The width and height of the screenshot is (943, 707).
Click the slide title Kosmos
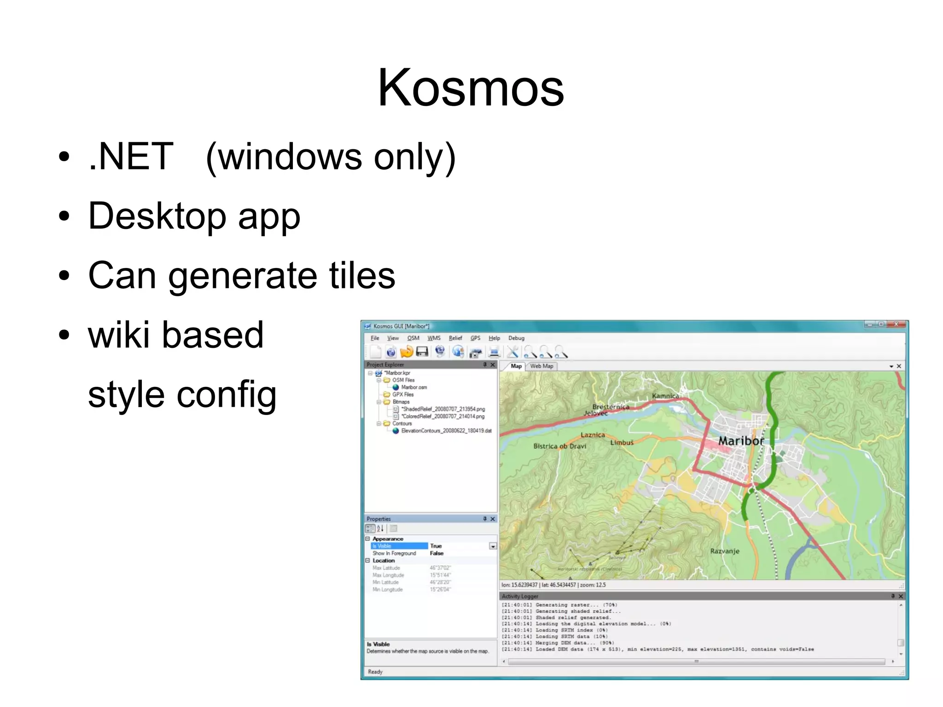[x=471, y=88]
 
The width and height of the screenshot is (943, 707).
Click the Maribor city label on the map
[x=740, y=441]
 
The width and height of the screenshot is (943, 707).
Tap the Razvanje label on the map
[x=724, y=551]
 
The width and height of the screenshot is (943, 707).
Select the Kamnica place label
[x=665, y=396]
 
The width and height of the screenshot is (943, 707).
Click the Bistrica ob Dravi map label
[x=559, y=446]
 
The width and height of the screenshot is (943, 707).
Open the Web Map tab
[x=541, y=366]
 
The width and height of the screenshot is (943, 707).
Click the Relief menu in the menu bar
[x=455, y=338]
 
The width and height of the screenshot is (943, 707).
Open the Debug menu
[x=516, y=338]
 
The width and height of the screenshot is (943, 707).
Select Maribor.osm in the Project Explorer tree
[x=413, y=387]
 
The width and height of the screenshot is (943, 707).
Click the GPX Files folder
[x=402, y=395]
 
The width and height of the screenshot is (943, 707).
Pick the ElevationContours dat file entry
[x=446, y=431]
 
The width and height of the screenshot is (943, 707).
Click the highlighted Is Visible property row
[x=399, y=546]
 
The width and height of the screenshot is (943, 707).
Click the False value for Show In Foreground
[x=437, y=553]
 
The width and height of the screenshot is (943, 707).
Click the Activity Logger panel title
[x=520, y=596]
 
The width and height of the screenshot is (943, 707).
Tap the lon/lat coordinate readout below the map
[x=553, y=585]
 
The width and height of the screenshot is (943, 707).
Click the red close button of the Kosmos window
[x=896, y=325]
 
